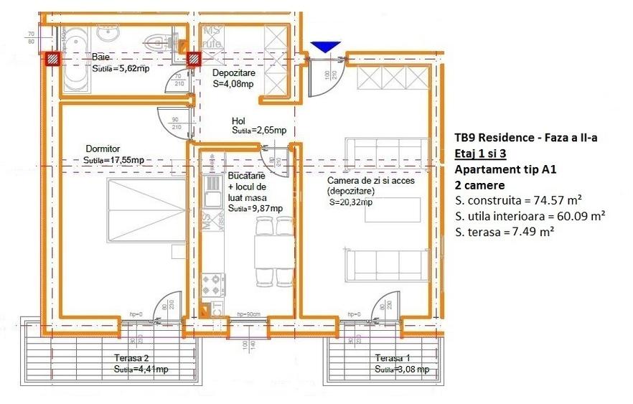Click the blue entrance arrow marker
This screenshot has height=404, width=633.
(327, 47)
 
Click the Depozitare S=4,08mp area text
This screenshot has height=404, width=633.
(233, 84)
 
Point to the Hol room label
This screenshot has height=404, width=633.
(238, 121)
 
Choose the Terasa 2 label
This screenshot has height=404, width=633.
(131, 357)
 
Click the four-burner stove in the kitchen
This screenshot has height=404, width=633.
(213, 283)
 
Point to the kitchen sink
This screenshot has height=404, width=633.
(212, 194)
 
